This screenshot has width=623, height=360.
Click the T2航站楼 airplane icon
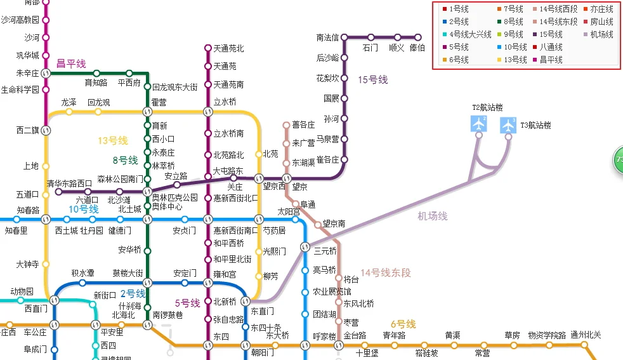tap(479, 124)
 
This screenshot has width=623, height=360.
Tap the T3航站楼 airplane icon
tap(508, 125)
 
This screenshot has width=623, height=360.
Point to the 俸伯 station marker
tap(417, 37)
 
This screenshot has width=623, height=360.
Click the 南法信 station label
tap(327, 37)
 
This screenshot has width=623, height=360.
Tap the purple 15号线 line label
tap(372, 80)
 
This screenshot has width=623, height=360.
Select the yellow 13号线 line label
tap(112, 141)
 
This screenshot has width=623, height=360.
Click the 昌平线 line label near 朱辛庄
tap(71, 63)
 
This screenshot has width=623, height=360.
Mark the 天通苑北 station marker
tap(207, 48)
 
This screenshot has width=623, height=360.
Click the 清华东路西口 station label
tap(69, 183)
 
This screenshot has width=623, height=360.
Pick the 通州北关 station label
tap(585, 335)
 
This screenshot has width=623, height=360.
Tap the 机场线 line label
tap(432, 217)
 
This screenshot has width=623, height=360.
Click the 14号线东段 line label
tap(386, 274)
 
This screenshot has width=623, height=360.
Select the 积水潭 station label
tap(82, 273)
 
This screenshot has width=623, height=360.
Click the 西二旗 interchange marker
tap(45, 131)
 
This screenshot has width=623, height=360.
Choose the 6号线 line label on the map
tap(403, 324)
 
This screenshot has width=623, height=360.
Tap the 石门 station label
tap(371, 48)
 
